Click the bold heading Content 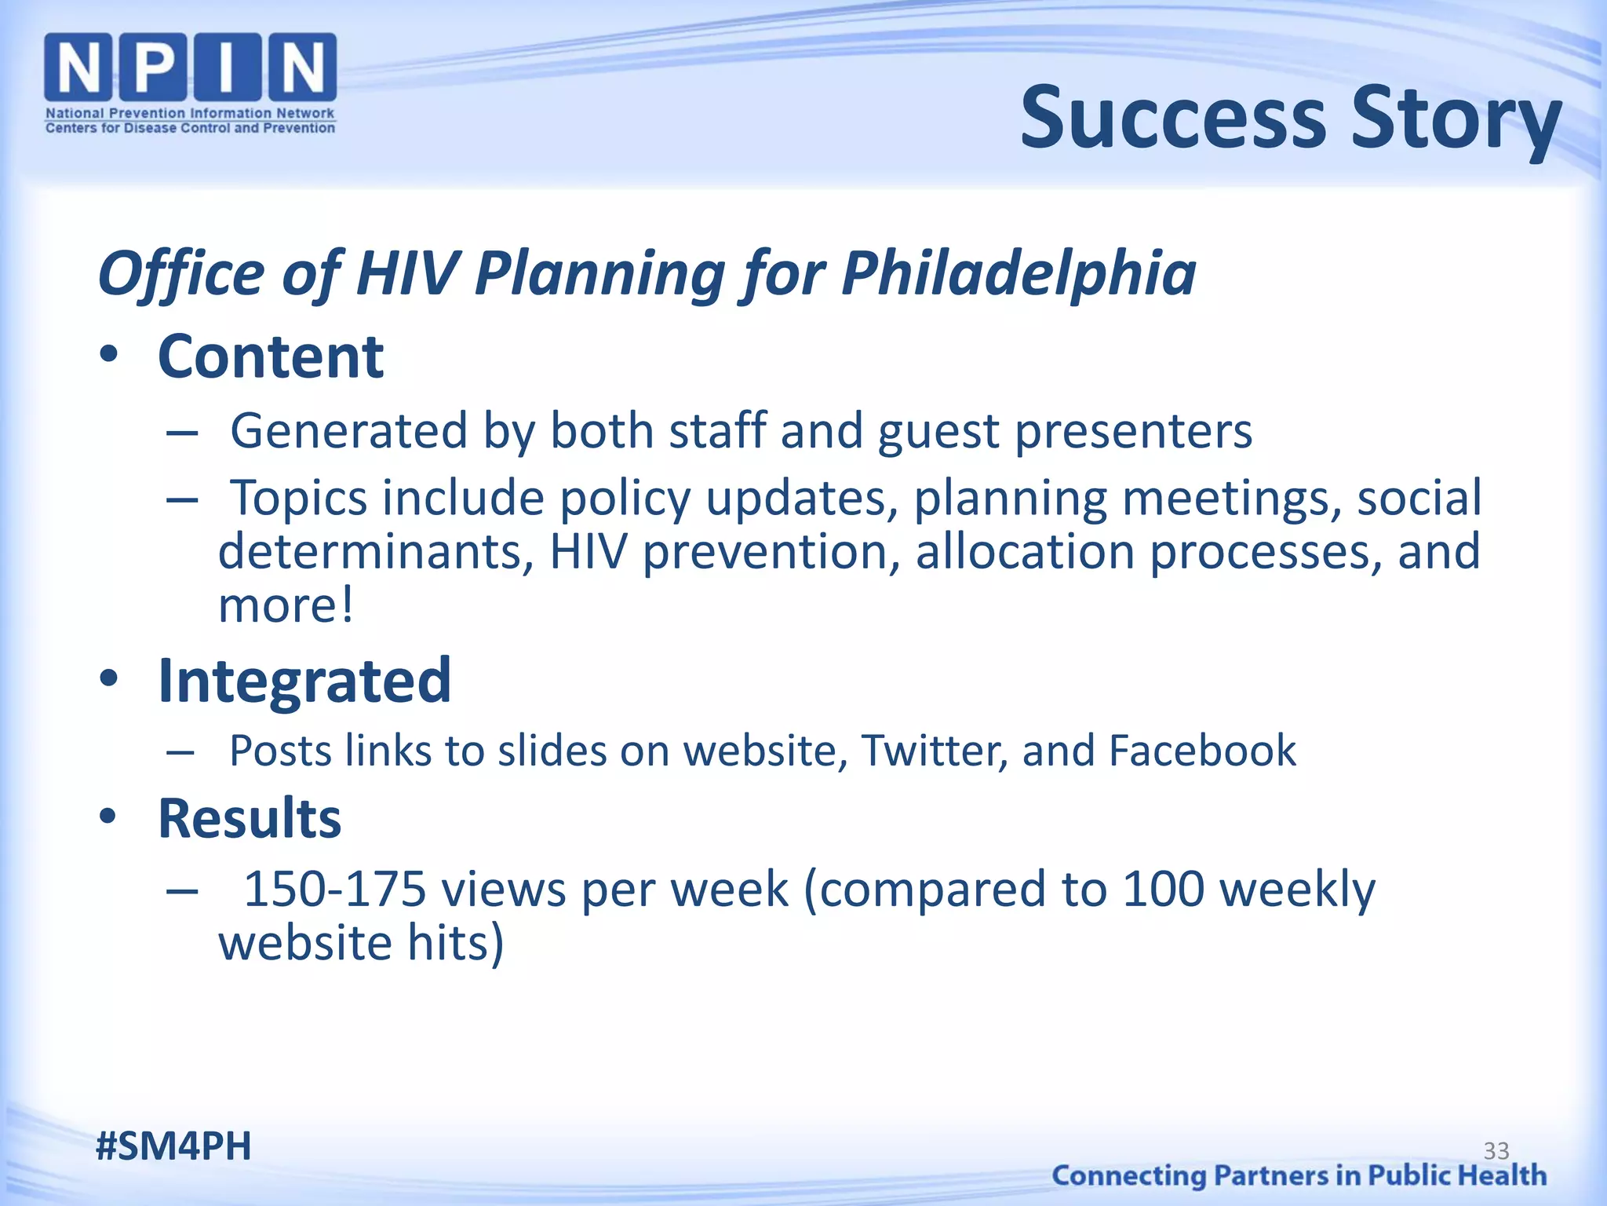coord(271,357)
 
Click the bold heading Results coord(250,818)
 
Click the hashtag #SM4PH coord(173,1146)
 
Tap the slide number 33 coord(1496,1151)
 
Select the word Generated coord(349,432)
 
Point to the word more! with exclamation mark coord(286,605)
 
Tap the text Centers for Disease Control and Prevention coord(190,128)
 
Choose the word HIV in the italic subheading coord(406,273)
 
